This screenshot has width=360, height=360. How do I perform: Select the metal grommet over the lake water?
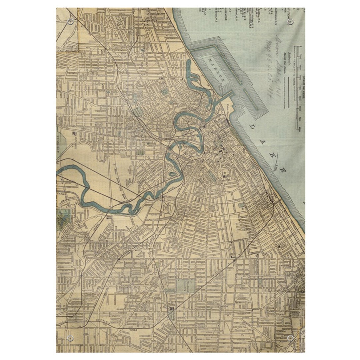(290, 22)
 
